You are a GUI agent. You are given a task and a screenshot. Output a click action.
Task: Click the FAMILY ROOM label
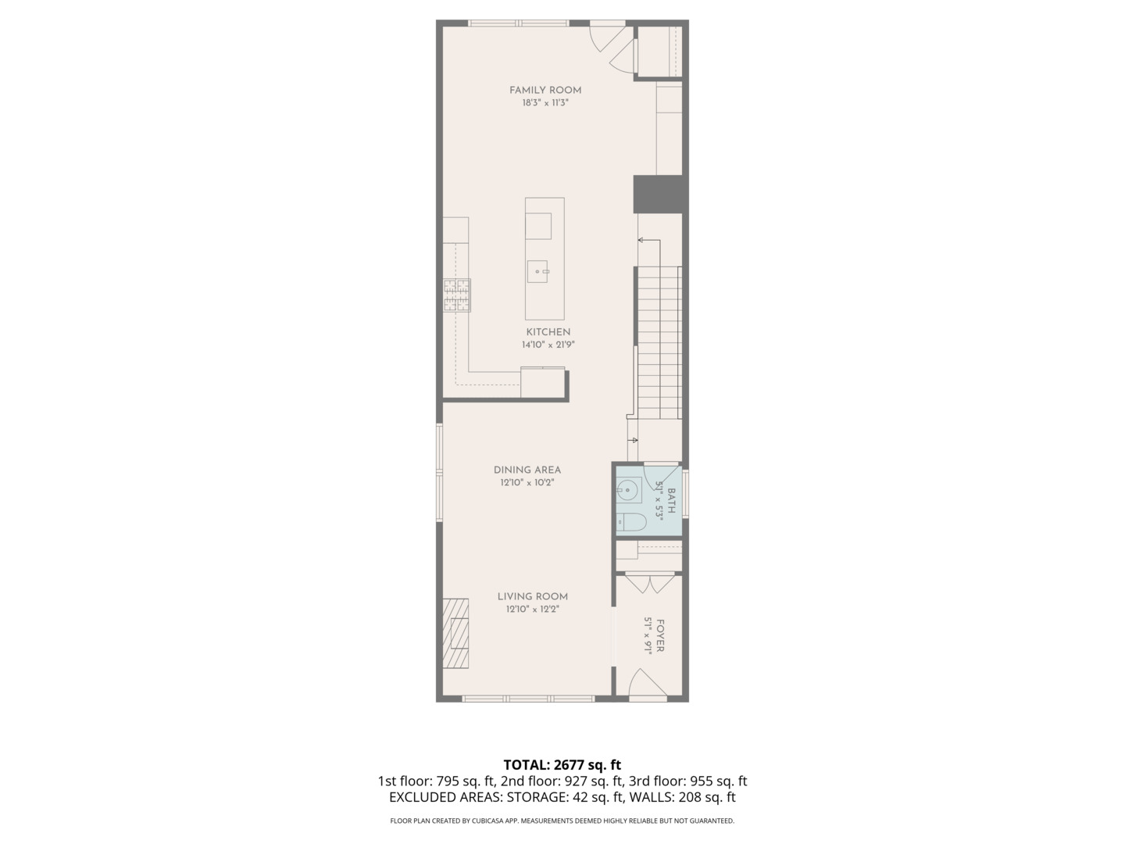545,90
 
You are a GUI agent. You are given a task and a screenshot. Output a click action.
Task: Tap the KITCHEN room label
548,332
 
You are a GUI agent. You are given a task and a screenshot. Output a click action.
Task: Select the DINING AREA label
527,470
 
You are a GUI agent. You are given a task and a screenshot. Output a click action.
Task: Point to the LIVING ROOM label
533,596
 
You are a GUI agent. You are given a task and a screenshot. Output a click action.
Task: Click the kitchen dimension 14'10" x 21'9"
548,345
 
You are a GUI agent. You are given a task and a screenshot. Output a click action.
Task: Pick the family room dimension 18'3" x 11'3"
545,102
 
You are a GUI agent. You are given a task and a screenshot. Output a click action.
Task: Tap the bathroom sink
627,491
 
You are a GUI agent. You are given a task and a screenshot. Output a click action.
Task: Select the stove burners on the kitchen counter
457,295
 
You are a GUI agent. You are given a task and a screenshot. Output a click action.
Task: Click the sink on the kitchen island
538,271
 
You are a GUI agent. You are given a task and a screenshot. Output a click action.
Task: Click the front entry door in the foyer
647,684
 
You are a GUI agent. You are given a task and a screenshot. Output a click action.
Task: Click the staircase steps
659,344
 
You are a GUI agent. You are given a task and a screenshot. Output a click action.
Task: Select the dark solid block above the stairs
660,194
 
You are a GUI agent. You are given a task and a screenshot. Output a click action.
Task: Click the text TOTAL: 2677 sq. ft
562,764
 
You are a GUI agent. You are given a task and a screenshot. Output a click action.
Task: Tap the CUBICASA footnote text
562,821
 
